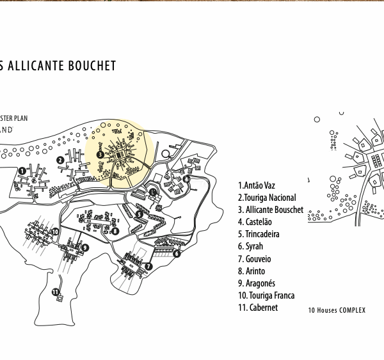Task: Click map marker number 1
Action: click(22, 171)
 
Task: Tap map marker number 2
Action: click(60, 160)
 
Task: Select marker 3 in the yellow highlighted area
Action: click(100, 154)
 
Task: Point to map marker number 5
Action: click(139, 215)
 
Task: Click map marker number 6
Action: click(177, 253)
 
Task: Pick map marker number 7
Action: click(148, 267)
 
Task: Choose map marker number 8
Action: click(115, 231)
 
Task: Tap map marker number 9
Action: click(85, 248)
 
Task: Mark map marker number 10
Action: click(56, 232)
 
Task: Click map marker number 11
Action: click(56, 292)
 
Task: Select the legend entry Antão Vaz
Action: click(257, 185)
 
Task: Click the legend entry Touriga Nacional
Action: click(267, 198)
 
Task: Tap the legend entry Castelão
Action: click(255, 222)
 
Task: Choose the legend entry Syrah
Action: click(250, 246)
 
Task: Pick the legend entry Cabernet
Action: click(258, 308)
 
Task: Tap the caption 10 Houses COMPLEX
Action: click(337, 311)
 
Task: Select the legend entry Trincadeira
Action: click(259, 234)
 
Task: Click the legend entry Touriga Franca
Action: click(266, 295)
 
